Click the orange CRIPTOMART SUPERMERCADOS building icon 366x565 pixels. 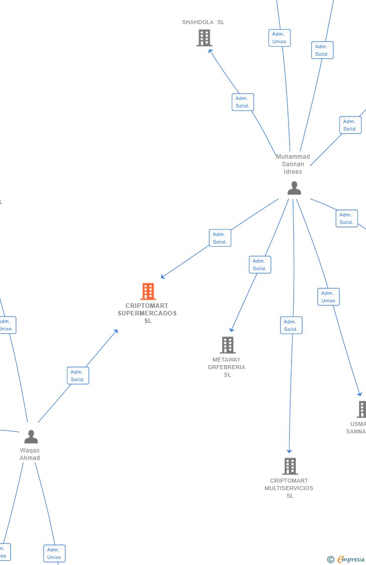click(x=148, y=291)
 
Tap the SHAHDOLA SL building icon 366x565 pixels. click(x=204, y=38)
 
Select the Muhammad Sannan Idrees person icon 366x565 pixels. click(x=294, y=188)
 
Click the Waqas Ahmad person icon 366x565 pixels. click(x=31, y=436)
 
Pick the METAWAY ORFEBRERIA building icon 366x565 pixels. click(x=228, y=345)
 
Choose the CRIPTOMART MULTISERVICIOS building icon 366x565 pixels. click(x=290, y=466)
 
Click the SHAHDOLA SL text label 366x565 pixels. click(x=203, y=22)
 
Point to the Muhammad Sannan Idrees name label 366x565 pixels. click(x=293, y=164)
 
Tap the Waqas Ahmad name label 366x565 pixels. click(x=30, y=454)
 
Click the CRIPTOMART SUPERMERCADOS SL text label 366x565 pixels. click(x=147, y=313)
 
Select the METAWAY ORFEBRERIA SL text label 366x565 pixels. click(x=227, y=367)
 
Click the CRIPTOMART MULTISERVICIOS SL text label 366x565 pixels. click(x=289, y=488)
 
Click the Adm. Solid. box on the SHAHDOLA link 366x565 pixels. click(x=243, y=102)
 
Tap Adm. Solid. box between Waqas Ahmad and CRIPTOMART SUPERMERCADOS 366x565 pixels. click(x=78, y=376)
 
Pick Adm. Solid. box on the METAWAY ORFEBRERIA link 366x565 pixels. click(x=260, y=265)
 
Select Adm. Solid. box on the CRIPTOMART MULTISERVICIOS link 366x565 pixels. click(x=291, y=325)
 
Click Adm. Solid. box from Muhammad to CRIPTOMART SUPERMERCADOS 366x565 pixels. click(x=220, y=238)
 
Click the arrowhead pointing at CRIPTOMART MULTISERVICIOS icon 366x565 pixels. click(x=289, y=451)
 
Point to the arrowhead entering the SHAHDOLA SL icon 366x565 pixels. click(x=210, y=50)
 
